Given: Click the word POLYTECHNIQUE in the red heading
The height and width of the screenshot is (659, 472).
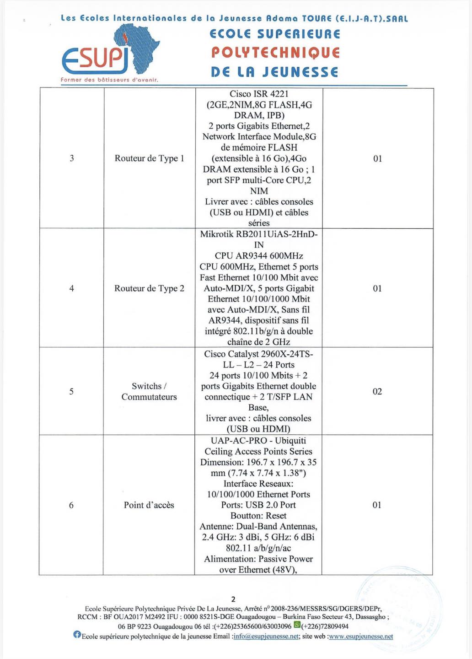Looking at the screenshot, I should coord(275,53).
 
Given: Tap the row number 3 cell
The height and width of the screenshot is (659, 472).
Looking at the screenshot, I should coord(72,158).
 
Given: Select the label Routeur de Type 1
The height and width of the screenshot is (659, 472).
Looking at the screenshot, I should coord(150,158).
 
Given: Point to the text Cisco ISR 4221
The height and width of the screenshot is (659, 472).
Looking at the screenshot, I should coord(259,94).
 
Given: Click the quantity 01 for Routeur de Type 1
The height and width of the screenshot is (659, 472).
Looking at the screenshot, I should coord(377,159).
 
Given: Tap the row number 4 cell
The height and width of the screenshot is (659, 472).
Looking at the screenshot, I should coord(71,288).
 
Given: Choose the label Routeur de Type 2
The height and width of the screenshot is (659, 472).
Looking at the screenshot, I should coord(150,288).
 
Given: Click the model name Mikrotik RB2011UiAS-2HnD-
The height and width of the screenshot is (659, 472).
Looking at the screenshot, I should coord(259,234).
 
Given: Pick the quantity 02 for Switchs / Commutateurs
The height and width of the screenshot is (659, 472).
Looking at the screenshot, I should coord(377,391).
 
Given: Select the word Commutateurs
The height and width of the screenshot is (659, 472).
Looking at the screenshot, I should coord(149,397).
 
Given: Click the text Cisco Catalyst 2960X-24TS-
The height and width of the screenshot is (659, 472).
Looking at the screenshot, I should coord(259,354).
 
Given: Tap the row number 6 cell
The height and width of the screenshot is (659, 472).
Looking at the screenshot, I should coord(71,505).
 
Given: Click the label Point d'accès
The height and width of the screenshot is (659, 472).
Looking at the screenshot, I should coord(149,505).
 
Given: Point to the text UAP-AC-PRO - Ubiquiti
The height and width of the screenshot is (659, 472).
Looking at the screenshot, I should coord(259,441).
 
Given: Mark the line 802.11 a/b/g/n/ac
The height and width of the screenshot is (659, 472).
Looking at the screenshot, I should coord(258,548).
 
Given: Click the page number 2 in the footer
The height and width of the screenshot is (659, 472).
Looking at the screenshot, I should coord(234,599).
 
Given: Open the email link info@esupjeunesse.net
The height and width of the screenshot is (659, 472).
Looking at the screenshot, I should coord(266,637).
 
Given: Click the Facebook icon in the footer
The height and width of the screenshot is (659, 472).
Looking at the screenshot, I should coord(77,635).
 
